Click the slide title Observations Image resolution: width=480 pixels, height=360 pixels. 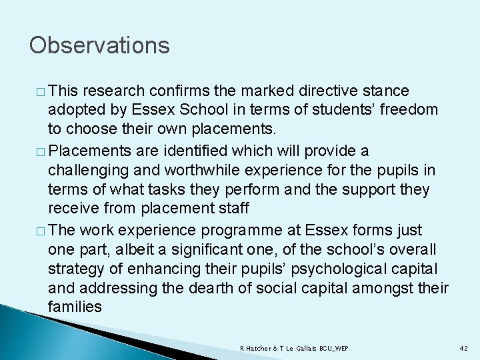tap(99, 45)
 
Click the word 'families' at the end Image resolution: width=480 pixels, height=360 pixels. tap(75, 307)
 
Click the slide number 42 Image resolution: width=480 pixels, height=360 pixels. tap(465, 348)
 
